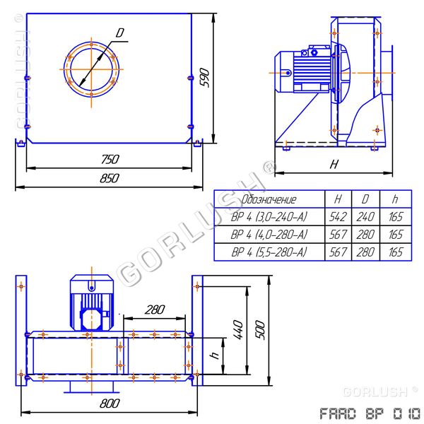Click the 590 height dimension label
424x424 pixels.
[205, 78]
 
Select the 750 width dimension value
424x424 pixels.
[110, 159]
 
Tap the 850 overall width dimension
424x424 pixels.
[110, 178]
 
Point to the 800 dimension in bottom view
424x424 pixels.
[110, 404]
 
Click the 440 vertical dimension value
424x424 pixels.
[238, 329]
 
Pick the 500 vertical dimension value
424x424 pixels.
[260, 329]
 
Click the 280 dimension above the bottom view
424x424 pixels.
[155, 310]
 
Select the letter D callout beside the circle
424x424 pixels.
[120, 33]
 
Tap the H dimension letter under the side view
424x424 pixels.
[334, 164]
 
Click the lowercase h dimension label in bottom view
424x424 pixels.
[216, 355]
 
